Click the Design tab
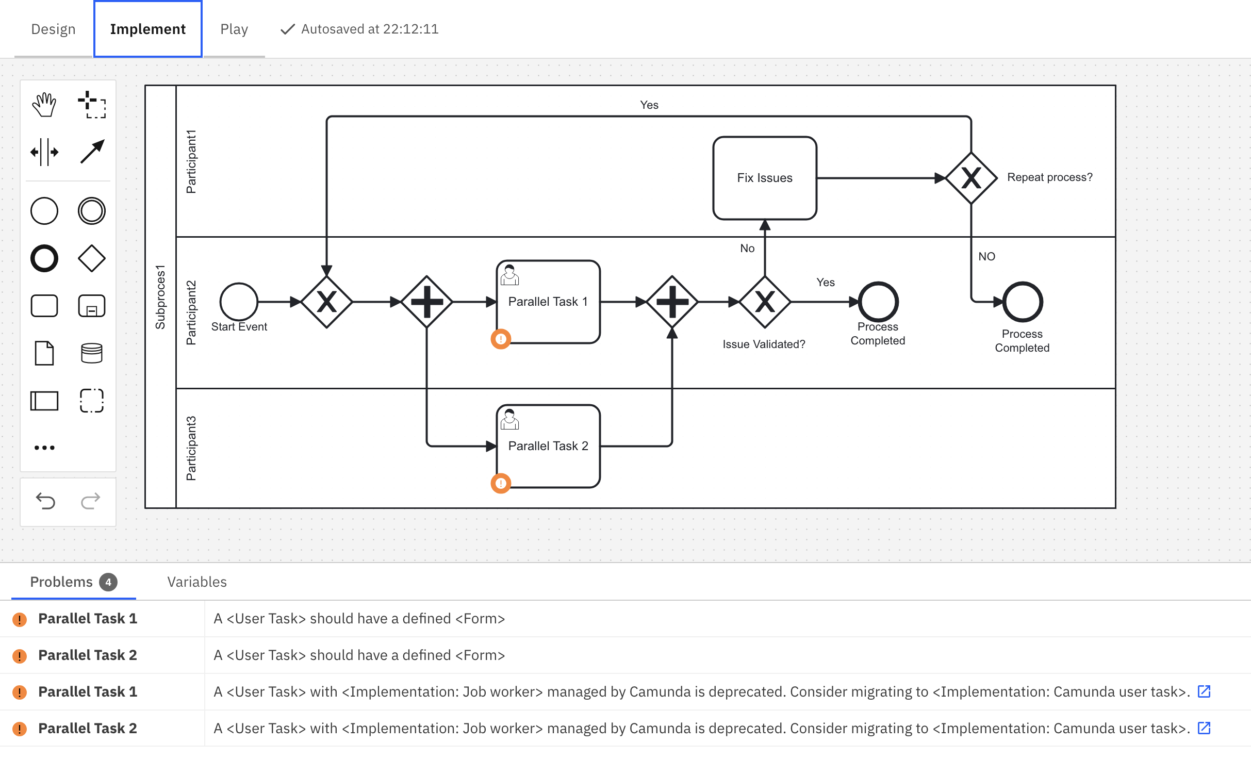pyautogui.click(x=53, y=29)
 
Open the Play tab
pyautogui.click(x=234, y=29)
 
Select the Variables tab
pyautogui.click(x=197, y=582)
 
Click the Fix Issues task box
pyautogui.click(x=765, y=178)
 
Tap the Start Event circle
pyautogui.click(x=239, y=302)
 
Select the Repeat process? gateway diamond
pyautogui.click(x=971, y=178)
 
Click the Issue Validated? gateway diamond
pyautogui.click(x=765, y=302)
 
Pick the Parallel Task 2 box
pyautogui.click(x=548, y=446)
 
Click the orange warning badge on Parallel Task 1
pyautogui.click(x=501, y=339)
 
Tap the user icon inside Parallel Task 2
pyautogui.click(x=509, y=419)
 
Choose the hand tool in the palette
pyautogui.click(x=44, y=105)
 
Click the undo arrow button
pyautogui.click(x=45, y=501)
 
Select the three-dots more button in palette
pyautogui.click(x=44, y=448)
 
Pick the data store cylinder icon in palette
pyautogui.click(x=92, y=353)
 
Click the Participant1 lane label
pyautogui.click(x=191, y=161)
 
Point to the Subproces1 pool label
pyautogui.click(x=160, y=297)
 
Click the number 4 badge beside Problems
pyautogui.click(x=108, y=582)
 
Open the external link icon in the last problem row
pyautogui.click(x=1204, y=728)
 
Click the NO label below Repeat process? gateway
pyautogui.click(x=987, y=256)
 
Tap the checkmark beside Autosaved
pyautogui.click(x=287, y=29)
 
